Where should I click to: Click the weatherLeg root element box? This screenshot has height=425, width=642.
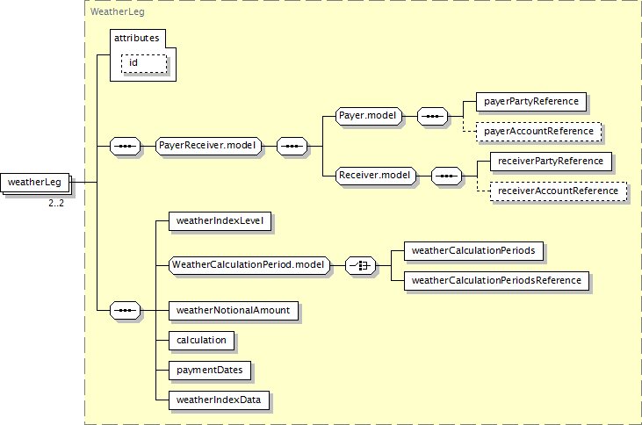[x=35, y=183]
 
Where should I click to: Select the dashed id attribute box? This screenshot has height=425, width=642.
[x=144, y=63]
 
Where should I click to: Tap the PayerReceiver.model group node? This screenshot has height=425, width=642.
[x=208, y=146]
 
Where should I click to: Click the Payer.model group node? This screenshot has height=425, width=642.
[x=369, y=116]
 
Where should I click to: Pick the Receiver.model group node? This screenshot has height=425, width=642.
[x=376, y=176]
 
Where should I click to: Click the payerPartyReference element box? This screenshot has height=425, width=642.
[x=531, y=102]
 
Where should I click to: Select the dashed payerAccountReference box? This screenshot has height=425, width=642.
[x=539, y=132]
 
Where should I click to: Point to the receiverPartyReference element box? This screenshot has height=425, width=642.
[x=552, y=162]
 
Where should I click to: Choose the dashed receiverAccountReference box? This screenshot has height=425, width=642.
[x=559, y=191]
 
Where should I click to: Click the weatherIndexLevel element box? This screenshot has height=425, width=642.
[x=220, y=221]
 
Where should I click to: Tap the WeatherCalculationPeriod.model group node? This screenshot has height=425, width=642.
[x=249, y=265]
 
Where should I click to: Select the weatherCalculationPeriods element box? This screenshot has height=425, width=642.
[x=473, y=251]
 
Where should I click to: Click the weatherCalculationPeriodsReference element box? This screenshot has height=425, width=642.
[x=496, y=281]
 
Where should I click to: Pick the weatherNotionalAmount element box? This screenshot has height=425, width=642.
[x=234, y=311]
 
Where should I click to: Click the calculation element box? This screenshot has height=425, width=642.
[x=201, y=341]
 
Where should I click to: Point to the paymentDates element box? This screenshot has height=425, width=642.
[x=210, y=371]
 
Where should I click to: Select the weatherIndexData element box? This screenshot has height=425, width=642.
[x=219, y=400]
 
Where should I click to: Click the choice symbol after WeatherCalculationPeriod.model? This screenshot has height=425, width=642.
[x=360, y=266]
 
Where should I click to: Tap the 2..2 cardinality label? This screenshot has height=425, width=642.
[x=56, y=203]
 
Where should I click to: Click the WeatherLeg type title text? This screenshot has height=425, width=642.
[x=118, y=12]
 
